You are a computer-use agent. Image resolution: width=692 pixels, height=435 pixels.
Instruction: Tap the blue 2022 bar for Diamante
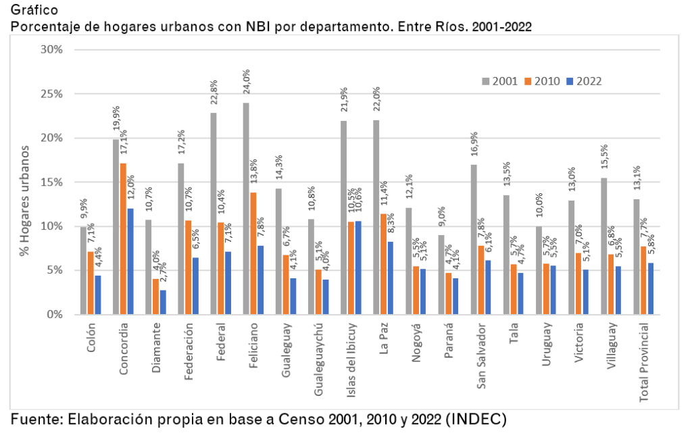click(x=163, y=302)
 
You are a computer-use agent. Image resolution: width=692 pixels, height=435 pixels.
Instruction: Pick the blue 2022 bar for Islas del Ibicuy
click(x=359, y=267)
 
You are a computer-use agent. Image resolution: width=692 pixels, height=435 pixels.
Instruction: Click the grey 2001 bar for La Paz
click(x=376, y=217)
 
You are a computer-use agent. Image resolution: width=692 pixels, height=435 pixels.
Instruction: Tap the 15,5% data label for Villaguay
click(x=604, y=159)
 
